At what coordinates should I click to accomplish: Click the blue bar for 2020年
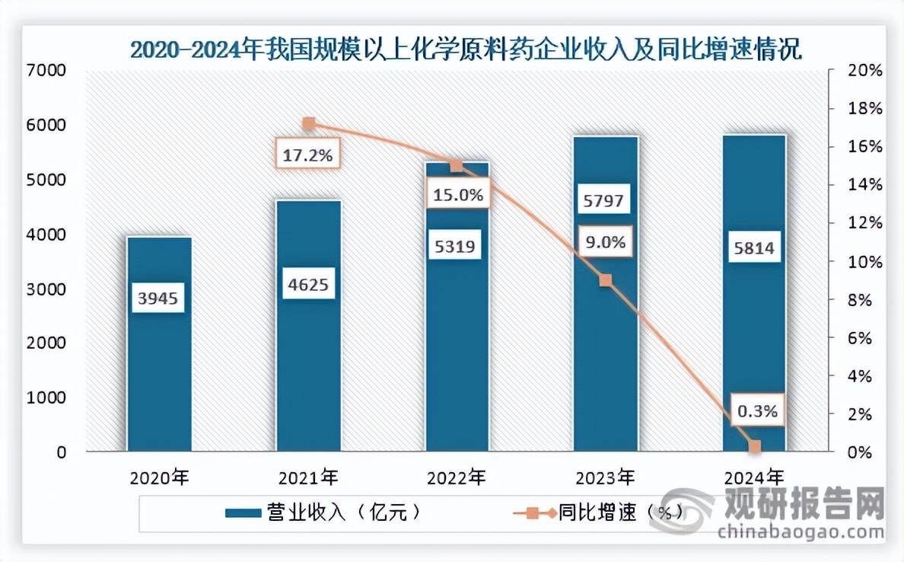159,344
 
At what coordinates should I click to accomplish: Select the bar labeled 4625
308,325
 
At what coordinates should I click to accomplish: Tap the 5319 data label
455,247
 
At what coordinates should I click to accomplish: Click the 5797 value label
603,200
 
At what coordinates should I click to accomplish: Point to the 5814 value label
753,247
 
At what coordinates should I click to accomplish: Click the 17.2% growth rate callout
307,155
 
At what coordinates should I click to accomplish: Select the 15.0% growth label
458,194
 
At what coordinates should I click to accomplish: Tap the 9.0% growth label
606,241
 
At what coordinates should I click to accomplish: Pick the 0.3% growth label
758,410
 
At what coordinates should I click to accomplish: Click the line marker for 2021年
309,123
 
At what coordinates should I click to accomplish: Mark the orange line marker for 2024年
755,446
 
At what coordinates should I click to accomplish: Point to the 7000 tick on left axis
46,70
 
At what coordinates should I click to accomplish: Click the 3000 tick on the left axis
46,289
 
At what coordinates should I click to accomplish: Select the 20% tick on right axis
864,70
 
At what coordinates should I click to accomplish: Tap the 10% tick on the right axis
864,261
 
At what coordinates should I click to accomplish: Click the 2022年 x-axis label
457,477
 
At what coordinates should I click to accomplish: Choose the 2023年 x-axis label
606,477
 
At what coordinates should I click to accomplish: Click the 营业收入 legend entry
323,512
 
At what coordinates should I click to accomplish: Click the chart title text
466,49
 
